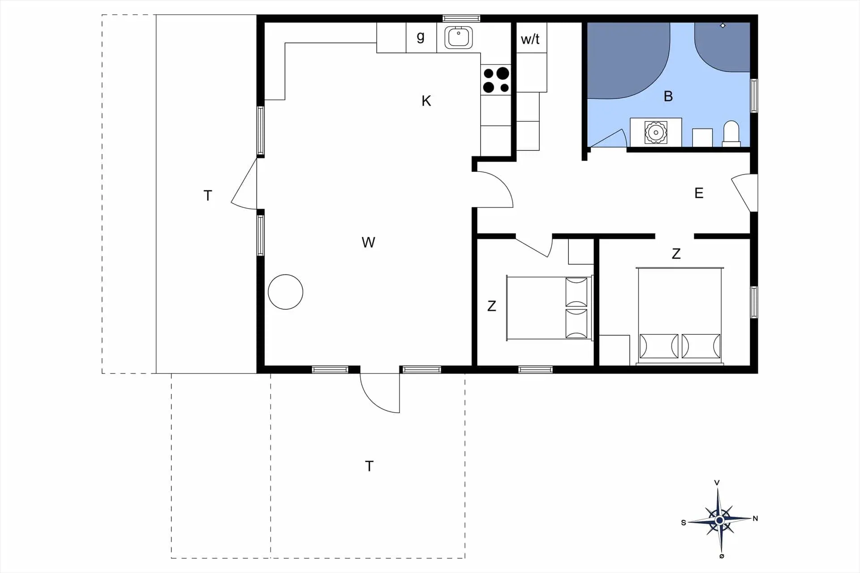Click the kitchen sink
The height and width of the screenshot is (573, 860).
pyautogui.click(x=459, y=38)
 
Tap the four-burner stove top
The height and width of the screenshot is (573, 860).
pyautogui.click(x=496, y=80)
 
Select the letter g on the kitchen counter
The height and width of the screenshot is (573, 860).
pyautogui.click(x=420, y=37)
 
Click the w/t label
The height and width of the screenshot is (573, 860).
pyautogui.click(x=530, y=39)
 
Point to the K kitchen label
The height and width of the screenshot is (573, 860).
pyautogui.click(x=426, y=101)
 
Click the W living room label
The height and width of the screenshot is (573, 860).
pyautogui.click(x=368, y=242)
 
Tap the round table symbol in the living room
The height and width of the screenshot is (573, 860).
pyautogui.click(x=285, y=292)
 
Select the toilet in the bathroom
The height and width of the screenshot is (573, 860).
pyautogui.click(x=731, y=133)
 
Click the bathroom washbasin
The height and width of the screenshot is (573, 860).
pyautogui.click(x=656, y=133)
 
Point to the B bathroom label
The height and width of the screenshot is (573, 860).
pyautogui.click(x=668, y=96)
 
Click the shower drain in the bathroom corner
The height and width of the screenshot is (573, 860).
pyautogui.click(x=722, y=26)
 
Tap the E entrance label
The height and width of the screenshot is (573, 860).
pyautogui.click(x=699, y=193)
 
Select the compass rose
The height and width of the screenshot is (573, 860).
pyautogui.click(x=719, y=520)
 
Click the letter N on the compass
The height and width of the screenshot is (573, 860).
pyautogui.click(x=755, y=518)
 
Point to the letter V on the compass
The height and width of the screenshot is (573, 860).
pyautogui.click(x=717, y=483)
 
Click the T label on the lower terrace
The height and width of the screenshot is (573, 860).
pyautogui.click(x=369, y=466)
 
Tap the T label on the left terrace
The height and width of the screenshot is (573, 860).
pyautogui.click(x=207, y=195)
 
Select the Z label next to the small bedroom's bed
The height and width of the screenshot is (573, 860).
pyautogui.click(x=492, y=306)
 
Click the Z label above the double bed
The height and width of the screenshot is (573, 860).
pyautogui.click(x=676, y=254)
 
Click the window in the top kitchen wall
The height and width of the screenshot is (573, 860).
pyautogui.click(x=461, y=18)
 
